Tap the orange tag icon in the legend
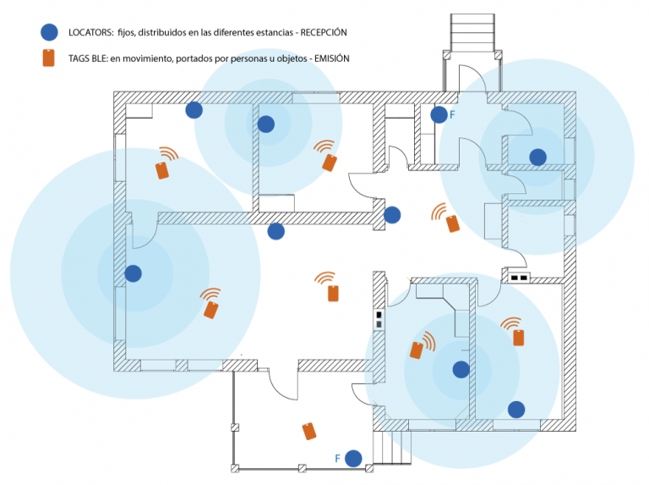[x=49, y=58]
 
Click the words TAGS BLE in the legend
[x=85, y=58]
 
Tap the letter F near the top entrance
[x=453, y=114]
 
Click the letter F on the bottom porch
[x=338, y=459]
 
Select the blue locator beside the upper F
[x=439, y=115]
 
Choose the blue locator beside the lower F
[x=353, y=459]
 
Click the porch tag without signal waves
[x=310, y=431]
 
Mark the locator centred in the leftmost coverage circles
[x=133, y=273]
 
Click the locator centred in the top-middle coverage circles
[x=266, y=124]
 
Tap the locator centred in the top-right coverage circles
[x=537, y=157]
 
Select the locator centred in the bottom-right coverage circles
[x=461, y=369]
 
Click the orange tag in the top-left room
[x=163, y=170]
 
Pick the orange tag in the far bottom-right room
[x=519, y=338]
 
